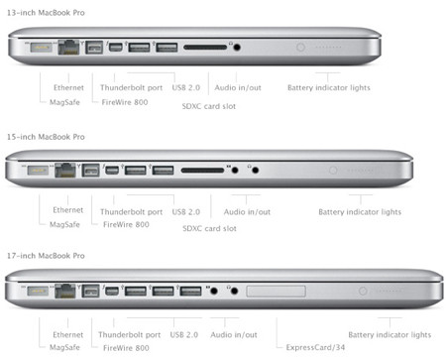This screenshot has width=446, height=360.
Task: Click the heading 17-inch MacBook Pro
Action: point(47,257)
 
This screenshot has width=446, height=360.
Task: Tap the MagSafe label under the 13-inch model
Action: point(65,101)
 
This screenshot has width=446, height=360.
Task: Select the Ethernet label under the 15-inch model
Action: point(68,210)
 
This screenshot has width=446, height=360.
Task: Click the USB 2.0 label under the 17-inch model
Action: point(186,335)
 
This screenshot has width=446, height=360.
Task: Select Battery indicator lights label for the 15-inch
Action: point(360,211)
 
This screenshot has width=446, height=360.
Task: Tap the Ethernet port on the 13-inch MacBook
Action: point(71,47)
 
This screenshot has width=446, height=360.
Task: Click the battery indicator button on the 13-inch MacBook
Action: point(301,46)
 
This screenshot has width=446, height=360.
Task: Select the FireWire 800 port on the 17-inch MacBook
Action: point(94,293)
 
